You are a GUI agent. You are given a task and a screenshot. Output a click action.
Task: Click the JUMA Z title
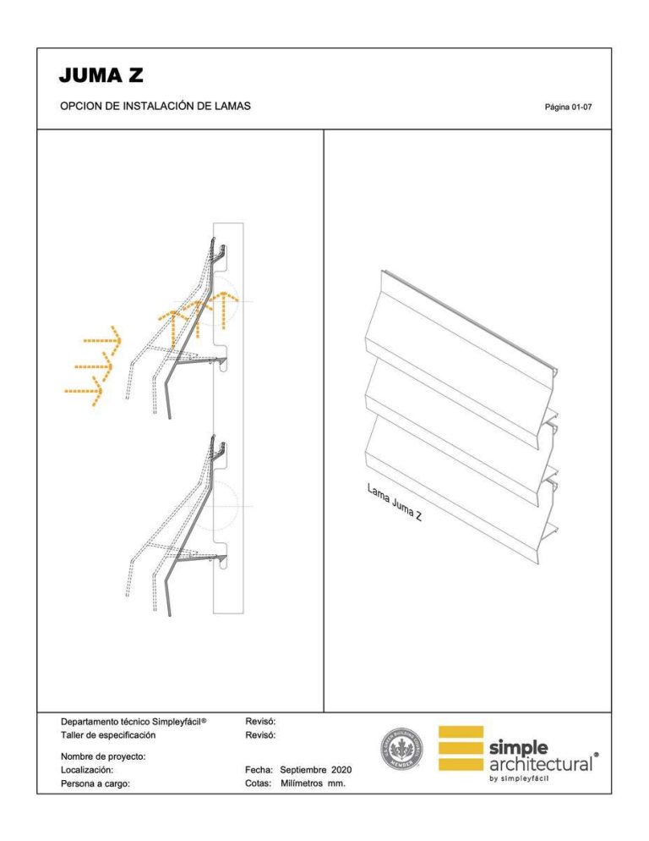[101, 75]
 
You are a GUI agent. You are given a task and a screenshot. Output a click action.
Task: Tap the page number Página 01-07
[574, 107]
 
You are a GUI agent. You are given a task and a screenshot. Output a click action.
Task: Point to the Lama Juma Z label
[395, 503]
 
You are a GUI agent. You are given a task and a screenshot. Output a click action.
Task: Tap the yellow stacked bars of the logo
[461, 748]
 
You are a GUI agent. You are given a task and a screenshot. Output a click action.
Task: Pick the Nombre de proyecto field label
[104, 756]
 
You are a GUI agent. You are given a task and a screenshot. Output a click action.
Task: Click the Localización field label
[87, 770]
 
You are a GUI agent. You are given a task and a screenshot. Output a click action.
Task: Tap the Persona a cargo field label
[95, 783]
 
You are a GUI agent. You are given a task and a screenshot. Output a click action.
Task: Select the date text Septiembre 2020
[315, 770]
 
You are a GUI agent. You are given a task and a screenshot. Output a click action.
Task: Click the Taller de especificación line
[108, 735]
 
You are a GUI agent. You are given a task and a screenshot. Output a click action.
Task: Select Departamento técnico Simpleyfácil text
[134, 722]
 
